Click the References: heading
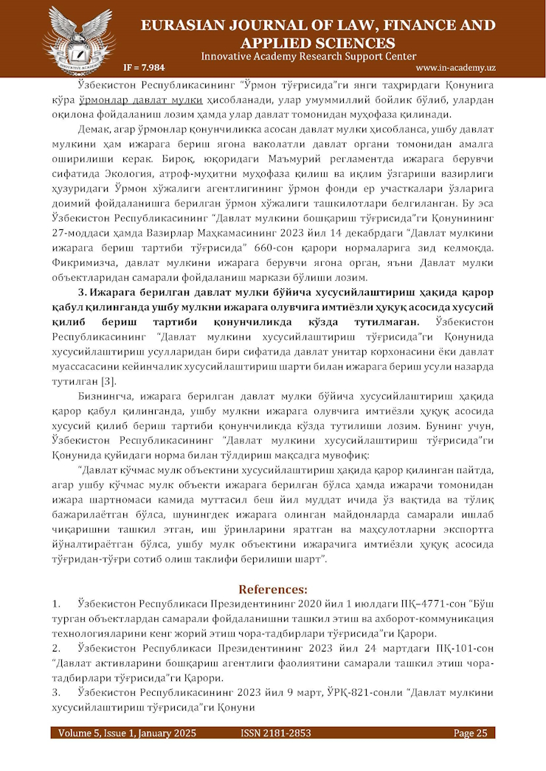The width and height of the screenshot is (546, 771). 273,589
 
